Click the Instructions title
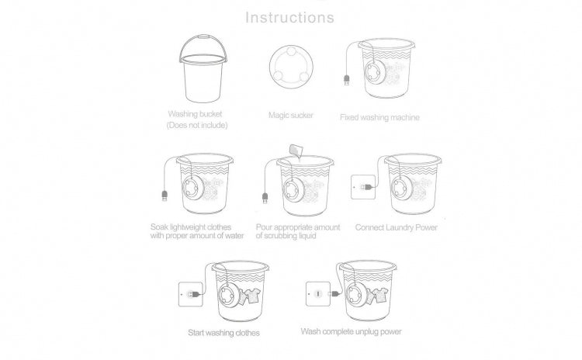click(290, 17)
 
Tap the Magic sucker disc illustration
click(291, 67)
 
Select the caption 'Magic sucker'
click(291, 116)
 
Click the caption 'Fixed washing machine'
click(379, 118)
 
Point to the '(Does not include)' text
click(197, 126)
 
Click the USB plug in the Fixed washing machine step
click(347, 80)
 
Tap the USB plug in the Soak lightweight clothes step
click(165, 196)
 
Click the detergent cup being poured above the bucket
click(296, 151)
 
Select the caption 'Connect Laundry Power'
click(397, 227)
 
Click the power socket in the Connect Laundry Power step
click(363, 187)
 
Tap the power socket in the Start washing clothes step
click(190, 294)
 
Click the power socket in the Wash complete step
click(317, 294)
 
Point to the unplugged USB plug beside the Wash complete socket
click(334, 294)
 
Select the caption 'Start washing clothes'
click(223, 333)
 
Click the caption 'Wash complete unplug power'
click(351, 331)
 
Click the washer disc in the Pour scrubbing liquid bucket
click(293, 190)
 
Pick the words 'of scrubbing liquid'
click(286, 236)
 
